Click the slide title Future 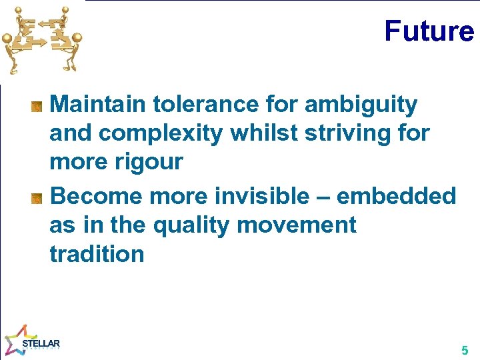(x=429, y=31)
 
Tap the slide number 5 (x=465, y=350)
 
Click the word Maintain (x=99, y=104)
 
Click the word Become (x=97, y=196)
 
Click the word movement (x=297, y=225)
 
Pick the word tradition (x=97, y=254)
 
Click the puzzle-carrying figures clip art (x=41, y=39)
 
